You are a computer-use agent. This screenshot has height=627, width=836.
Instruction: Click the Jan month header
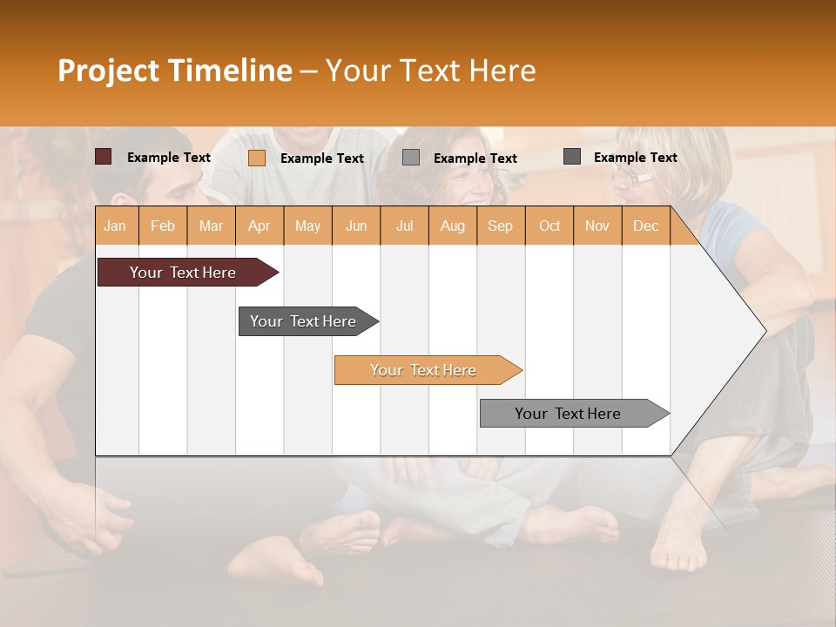tap(116, 226)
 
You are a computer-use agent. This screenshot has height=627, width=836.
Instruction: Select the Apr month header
tap(260, 226)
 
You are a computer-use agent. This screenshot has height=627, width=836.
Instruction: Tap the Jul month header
tap(404, 226)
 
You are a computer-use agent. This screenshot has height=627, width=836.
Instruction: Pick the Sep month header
tap(500, 226)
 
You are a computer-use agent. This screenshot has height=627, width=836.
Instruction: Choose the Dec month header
tap(645, 226)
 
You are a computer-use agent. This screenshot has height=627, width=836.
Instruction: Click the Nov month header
tap(597, 226)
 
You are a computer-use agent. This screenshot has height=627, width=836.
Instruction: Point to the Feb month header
tap(163, 226)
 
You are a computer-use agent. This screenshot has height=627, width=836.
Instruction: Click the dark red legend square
tap(104, 157)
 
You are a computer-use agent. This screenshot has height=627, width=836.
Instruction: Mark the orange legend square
tap(257, 158)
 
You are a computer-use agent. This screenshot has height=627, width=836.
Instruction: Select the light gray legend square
tap(411, 158)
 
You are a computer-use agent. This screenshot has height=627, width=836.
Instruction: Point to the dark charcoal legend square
tap(572, 157)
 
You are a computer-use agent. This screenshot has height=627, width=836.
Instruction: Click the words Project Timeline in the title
tap(174, 71)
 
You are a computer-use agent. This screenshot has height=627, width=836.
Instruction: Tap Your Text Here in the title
tap(430, 71)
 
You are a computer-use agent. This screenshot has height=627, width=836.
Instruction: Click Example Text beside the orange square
tap(321, 158)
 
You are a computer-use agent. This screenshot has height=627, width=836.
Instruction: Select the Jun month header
tap(356, 226)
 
